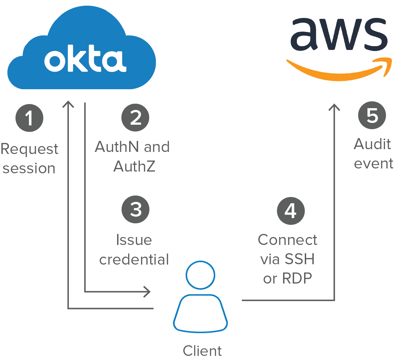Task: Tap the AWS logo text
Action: (339, 34)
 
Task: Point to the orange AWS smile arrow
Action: (339, 70)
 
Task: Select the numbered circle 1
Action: (29, 118)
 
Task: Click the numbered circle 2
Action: (136, 117)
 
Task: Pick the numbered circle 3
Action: (136, 209)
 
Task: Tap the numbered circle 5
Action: (372, 115)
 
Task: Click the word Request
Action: (29, 150)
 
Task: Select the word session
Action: (29, 168)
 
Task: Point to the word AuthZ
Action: (134, 166)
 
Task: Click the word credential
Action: (134, 259)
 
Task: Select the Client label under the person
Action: (202, 351)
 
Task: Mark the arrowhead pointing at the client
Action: (147, 292)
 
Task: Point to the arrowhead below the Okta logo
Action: (68, 104)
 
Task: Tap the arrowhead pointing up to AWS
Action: (334, 107)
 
